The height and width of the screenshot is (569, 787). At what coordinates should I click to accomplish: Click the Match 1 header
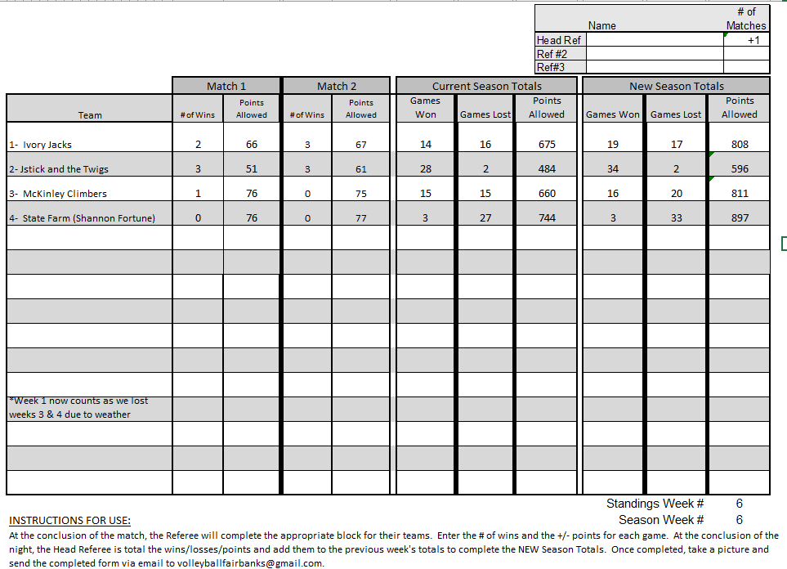[x=226, y=86]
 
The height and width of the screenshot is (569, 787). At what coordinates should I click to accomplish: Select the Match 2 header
[x=337, y=86]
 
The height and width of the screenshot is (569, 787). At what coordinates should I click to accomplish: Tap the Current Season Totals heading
[x=486, y=86]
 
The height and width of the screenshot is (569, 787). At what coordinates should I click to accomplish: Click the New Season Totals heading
[x=676, y=86]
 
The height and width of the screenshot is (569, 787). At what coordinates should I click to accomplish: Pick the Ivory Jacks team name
[x=40, y=145]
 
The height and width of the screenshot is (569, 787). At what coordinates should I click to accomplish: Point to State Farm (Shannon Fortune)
[x=82, y=218]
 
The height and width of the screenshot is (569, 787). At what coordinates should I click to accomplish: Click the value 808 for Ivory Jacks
[x=739, y=145]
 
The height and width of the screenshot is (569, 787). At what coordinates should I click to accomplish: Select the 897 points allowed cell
[x=739, y=218]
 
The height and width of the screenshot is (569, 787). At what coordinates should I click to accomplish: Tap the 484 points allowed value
[x=547, y=169]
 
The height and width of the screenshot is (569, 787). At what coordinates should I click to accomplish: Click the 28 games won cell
[x=425, y=169]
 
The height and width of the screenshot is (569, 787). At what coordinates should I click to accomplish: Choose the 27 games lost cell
[x=485, y=218]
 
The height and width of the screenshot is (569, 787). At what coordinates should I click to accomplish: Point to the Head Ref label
[x=558, y=40]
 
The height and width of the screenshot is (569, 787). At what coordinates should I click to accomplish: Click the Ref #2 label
[x=552, y=54]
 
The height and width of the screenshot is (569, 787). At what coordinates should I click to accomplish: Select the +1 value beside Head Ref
[x=753, y=40]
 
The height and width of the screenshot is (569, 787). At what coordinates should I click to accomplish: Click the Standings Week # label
[x=655, y=504]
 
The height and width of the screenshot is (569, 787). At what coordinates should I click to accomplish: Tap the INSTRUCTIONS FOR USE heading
[x=69, y=520]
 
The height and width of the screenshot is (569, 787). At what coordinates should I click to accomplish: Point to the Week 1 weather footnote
[x=78, y=407]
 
